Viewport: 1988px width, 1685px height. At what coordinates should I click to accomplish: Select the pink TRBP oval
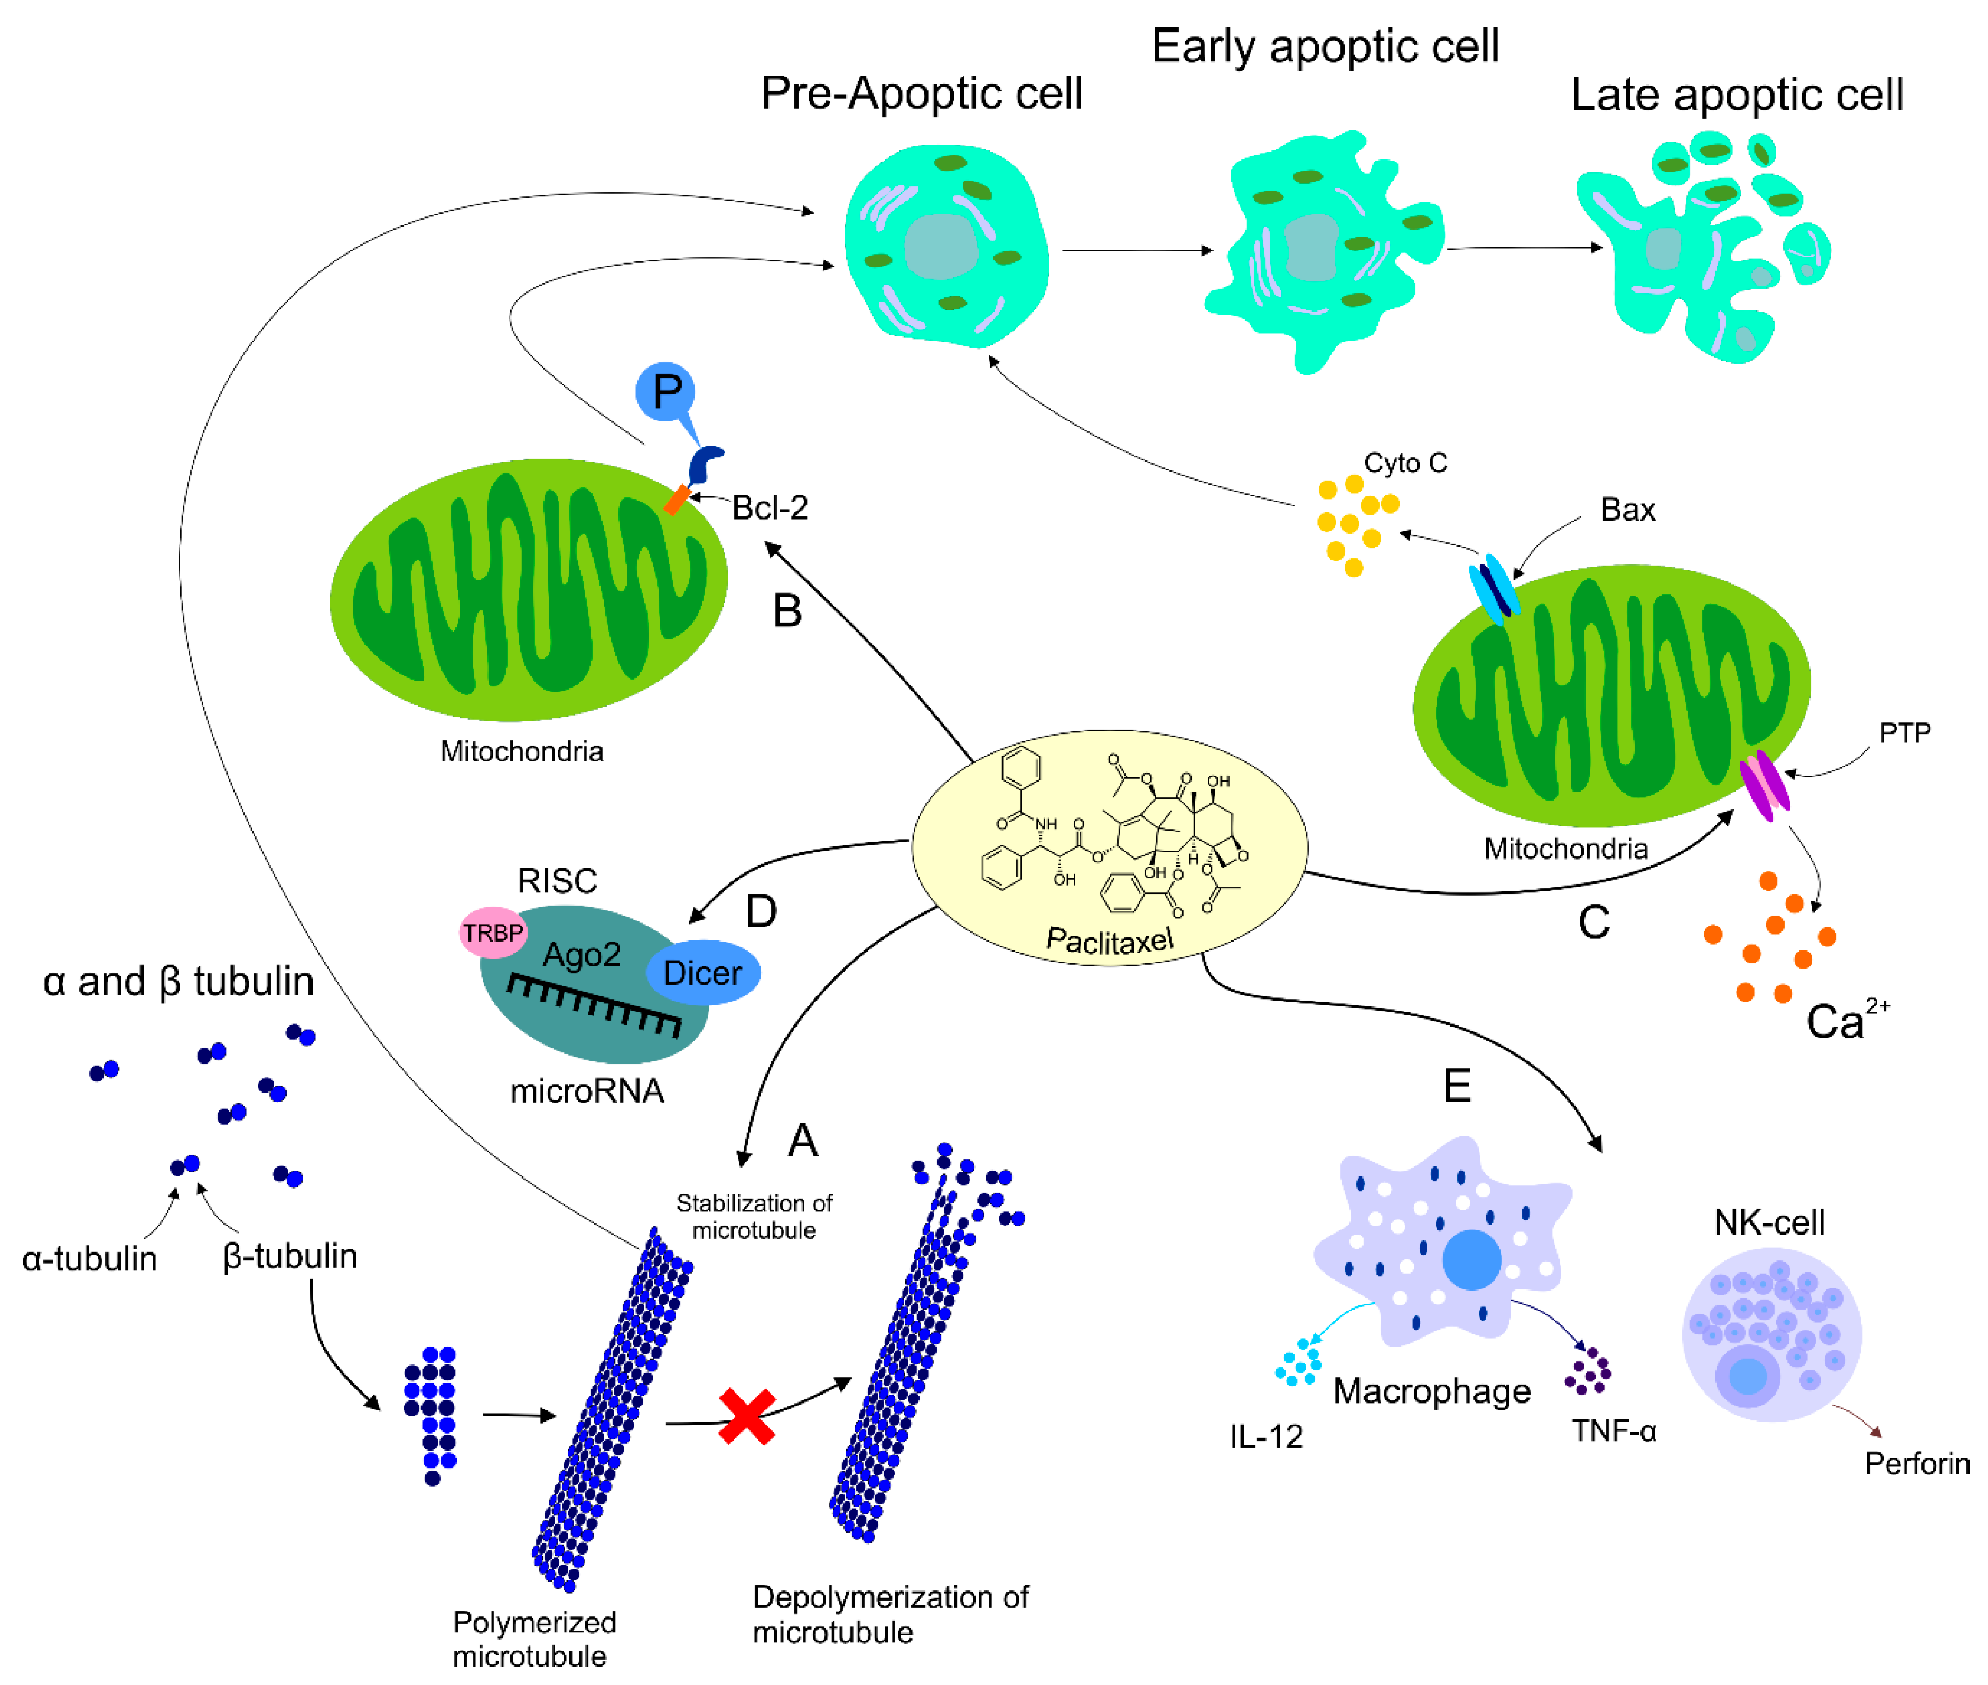pos(493,933)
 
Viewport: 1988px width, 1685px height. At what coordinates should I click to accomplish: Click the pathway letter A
pos(802,1141)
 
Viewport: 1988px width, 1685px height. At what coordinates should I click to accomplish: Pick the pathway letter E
pos(1457,1086)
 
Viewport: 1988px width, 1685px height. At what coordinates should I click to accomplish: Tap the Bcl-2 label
pos(770,507)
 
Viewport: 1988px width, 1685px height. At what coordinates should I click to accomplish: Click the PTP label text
pos(1905,732)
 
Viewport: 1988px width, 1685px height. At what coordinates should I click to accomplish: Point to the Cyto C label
pos(1405,463)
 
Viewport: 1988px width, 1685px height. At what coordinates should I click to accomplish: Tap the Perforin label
pos(1916,1463)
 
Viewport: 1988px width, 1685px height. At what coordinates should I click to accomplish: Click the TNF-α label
pos(1614,1430)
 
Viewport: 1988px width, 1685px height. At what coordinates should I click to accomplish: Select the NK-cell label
pos(1769,1222)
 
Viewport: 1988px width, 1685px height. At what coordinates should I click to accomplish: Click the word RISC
pos(557,880)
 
